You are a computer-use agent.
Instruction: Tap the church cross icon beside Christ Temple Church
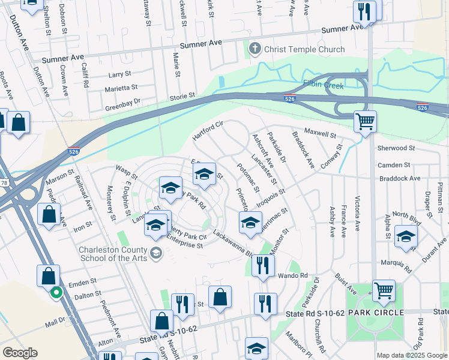coord(254,49)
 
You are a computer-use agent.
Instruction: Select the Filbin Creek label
coord(324,86)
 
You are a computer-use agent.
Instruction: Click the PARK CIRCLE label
coord(378,313)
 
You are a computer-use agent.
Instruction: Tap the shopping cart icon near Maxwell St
coord(365,122)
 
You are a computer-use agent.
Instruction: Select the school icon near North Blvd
coord(406,237)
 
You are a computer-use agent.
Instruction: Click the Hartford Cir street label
coord(207,130)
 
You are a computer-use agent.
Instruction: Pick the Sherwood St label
coord(396,148)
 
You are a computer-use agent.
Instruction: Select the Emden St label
coord(83,281)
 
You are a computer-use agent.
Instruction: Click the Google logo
coord(20,353)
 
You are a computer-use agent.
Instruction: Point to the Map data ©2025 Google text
coord(411,355)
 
